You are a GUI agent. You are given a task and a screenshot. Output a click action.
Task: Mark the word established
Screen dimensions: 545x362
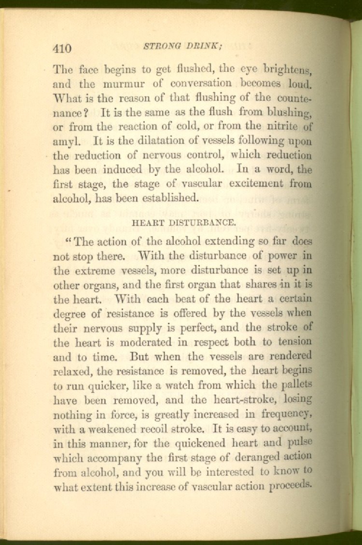[x=169, y=198]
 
